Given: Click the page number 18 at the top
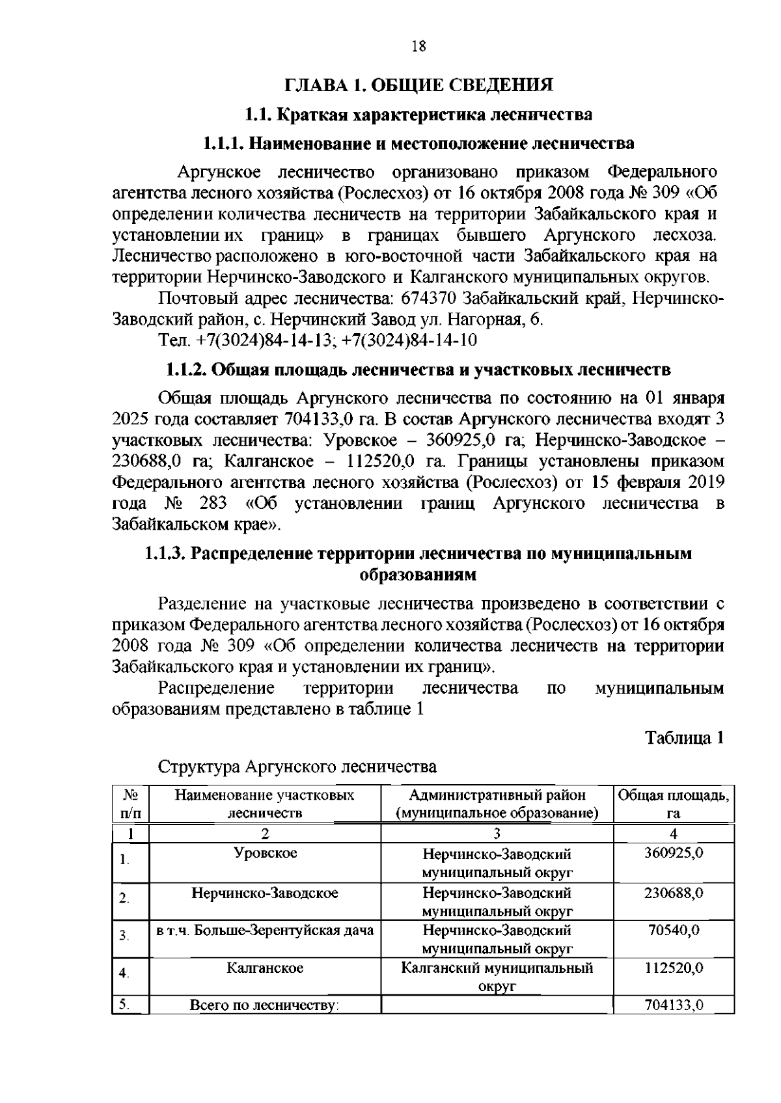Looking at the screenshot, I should tap(418, 46).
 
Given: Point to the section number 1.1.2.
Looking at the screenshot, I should tap(186, 370).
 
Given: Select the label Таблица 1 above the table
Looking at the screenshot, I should tap(684, 738).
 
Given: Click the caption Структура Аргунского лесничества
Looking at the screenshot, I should tap(297, 767).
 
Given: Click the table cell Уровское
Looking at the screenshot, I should tap(265, 853).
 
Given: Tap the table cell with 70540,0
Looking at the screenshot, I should tap(673, 931).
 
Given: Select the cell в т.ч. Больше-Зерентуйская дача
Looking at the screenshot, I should tap(265, 931).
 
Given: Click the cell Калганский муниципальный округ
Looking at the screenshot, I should tap(497, 977).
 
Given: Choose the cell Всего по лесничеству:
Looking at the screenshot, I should tap(265, 1005).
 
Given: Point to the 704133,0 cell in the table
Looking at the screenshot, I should tap(673, 1005).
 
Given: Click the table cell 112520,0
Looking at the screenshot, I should tap(673, 968).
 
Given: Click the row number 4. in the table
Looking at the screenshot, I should tap(124, 974).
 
